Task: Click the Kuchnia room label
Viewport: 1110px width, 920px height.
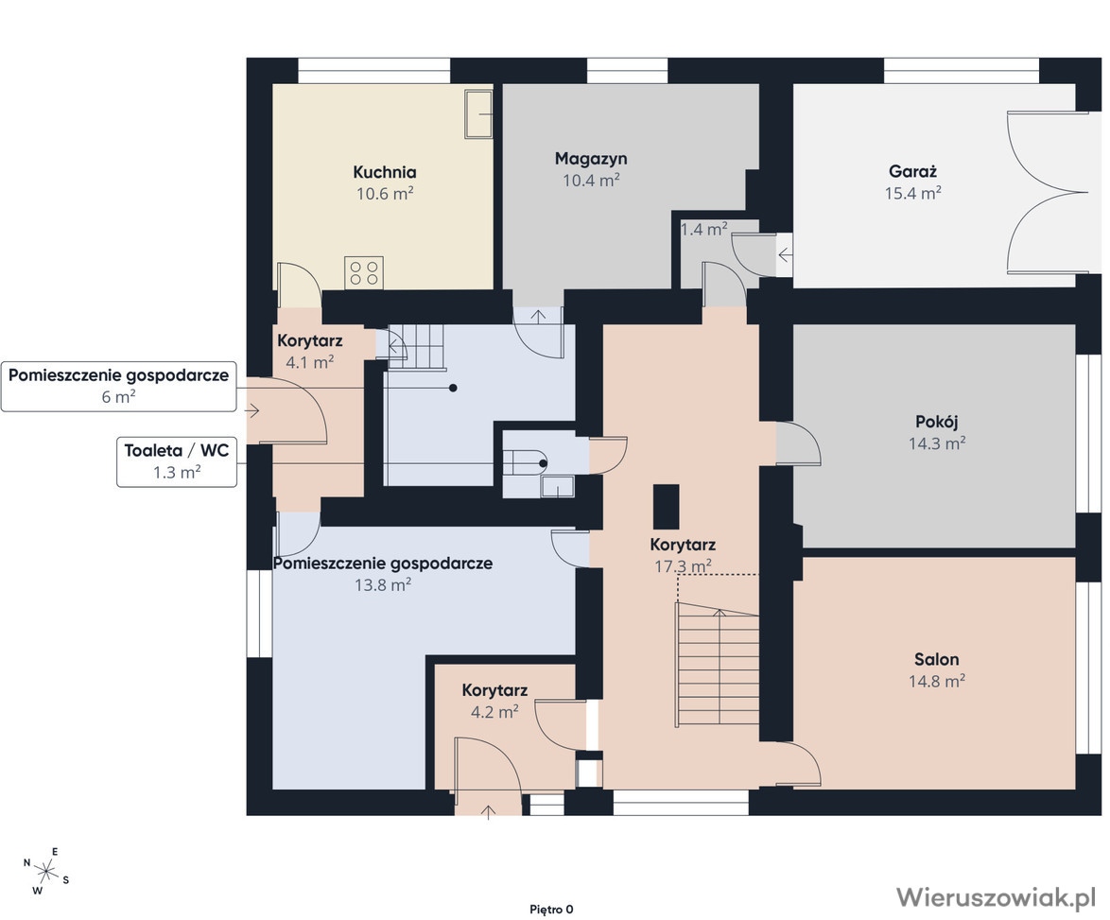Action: (x=385, y=172)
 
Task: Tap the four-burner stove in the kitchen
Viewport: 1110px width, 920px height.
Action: (x=364, y=272)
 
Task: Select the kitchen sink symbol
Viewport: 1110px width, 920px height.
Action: (x=478, y=114)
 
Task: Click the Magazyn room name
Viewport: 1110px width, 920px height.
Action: (x=591, y=159)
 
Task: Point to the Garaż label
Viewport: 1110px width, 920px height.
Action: (x=912, y=171)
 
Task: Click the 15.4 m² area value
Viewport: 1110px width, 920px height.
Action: (x=912, y=193)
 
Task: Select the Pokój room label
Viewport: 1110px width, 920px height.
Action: (x=937, y=422)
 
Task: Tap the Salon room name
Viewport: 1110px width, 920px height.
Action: (x=937, y=660)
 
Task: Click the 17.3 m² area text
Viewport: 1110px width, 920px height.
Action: (x=684, y=566)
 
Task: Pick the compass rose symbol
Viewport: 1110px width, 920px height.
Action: (x=46, y=871)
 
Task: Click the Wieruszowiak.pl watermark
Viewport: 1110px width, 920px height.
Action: (x=996, y=896)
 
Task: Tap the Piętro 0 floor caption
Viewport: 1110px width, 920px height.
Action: (x=551, y=910)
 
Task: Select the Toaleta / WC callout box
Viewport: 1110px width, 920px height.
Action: (x=176, y=462)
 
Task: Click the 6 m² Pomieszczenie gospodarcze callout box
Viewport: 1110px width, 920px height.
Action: (x=118, y=387)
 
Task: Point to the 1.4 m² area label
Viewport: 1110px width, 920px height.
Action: (x=703, y=230)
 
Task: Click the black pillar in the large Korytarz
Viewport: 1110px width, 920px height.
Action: (x=667, y=507)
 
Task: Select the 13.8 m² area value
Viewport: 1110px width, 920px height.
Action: (x=383, y=585)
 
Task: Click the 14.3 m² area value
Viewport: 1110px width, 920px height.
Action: (x=937, y=443)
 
